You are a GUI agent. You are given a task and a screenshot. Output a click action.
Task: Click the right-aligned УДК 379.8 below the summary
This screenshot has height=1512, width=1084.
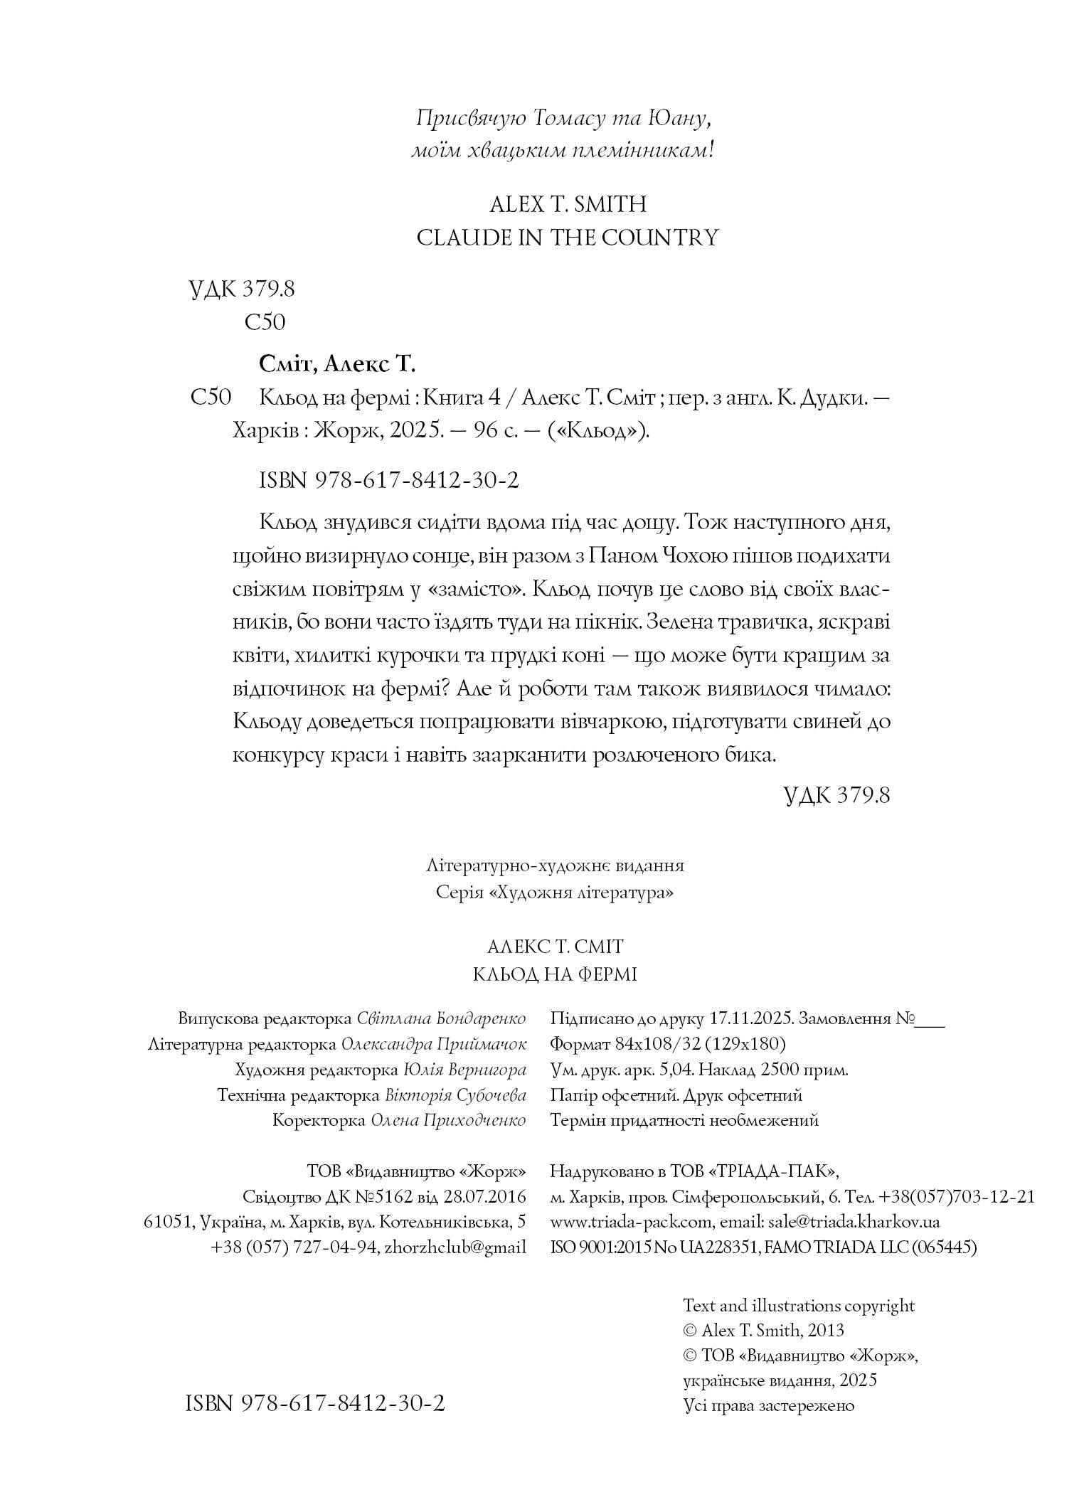click(836, 794)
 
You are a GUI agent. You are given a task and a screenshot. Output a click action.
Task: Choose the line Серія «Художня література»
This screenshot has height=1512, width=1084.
click(554, 893)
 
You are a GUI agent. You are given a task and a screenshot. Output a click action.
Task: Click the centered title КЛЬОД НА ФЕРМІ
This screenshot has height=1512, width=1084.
click(555, 974)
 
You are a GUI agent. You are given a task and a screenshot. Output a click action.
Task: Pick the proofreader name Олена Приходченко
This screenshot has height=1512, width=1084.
click(448, 1120)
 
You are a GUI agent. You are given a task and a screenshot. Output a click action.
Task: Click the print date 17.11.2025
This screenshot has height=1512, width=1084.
click(750, 1018)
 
